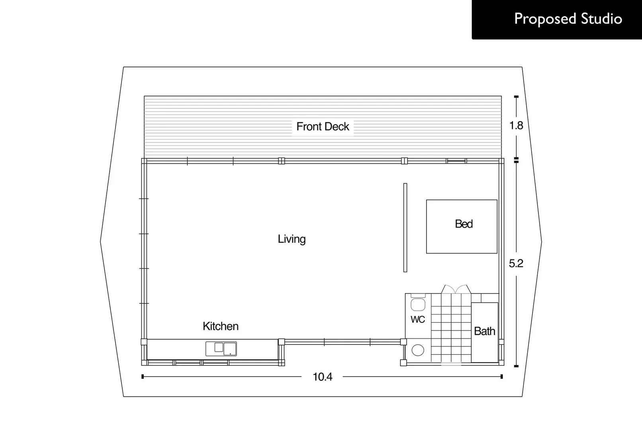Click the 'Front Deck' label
pos(323,127)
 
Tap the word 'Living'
pos(292,239)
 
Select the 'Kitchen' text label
pos(221,326)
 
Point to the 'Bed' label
pos(464,224)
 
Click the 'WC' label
pos(418,319)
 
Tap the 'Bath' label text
pos(484,331)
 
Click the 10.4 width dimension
pos(322,377)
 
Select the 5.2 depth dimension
pos(516,263)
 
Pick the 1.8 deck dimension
pos(516,126)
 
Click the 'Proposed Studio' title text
pos(568,19)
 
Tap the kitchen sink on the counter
pos(221,349)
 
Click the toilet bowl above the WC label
pos(418,305)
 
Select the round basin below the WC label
pos(418,350)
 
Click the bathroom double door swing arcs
pos(456,289)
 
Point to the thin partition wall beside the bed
pos(405,227)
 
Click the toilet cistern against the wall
pos(418,296)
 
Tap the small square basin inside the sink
pos(219,347)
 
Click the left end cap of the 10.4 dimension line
pos(143,377)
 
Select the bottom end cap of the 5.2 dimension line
pos(516,366)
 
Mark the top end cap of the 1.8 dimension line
pos(516,97)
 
